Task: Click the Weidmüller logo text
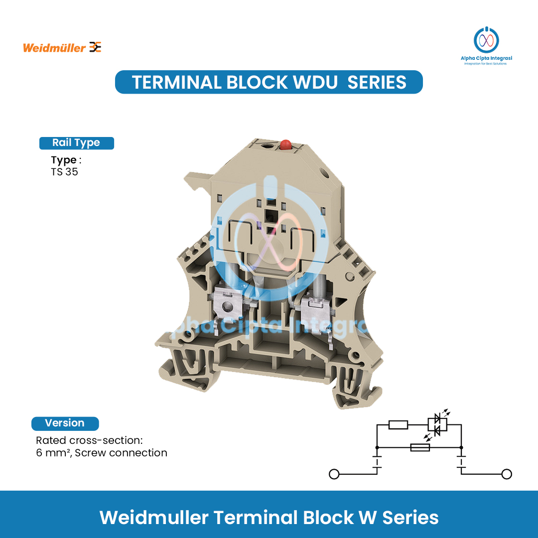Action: pyautogui.click(x=55, y=48)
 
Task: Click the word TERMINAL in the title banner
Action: pyautogui.click(x=176, y=82)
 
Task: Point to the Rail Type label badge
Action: pyautogui.click(x=76, y=143)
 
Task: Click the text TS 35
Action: pyautogui.click(x=64, y=172)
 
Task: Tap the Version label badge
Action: pyautogui.click(x=65, y=423)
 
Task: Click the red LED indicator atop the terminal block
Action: pyautogui.click(x=285, y=145)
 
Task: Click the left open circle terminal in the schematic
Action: pyautogui.click(x=334, y=474)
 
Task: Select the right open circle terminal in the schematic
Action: pyautogui.click(x=507, y=474)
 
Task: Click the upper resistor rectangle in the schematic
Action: pyautogui.click(x=398, y=425)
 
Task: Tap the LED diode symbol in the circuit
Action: pyautogui.click(x=437, y=425)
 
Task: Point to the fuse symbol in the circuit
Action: pyautogui.click(x=419, y=448)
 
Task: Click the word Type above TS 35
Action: pyautogui.click(x=63, y=160)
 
